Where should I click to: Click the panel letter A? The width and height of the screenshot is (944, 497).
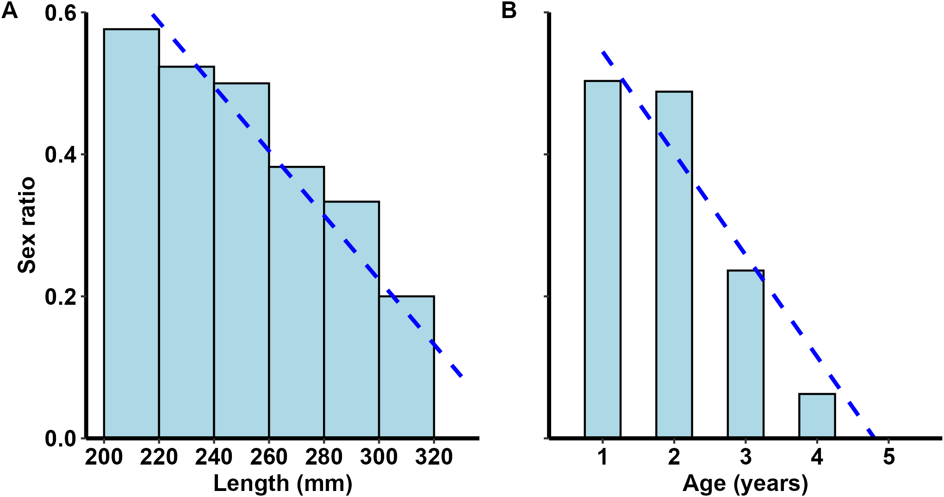(10, 10)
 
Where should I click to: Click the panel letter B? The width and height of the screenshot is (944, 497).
(509, 10)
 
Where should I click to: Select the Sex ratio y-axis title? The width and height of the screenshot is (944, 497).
(26, 225)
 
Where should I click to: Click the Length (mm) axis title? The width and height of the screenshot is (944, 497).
(283, 483)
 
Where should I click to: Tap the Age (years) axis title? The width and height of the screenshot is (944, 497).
(745, 483)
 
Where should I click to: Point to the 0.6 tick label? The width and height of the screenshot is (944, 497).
(61, 13)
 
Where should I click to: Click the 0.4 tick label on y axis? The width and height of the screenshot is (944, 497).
(61, 155)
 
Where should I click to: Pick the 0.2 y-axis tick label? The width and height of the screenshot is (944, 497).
(61, 296)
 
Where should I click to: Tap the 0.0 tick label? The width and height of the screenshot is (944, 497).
(61, 438)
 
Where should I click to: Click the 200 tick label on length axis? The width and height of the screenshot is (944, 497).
(104, 457)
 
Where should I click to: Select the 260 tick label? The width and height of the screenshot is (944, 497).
(269, 457)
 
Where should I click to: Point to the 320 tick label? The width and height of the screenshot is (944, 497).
(434, 457)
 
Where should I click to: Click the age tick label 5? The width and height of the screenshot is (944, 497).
(888, 457)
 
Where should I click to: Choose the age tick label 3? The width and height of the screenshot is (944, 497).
(745, 457)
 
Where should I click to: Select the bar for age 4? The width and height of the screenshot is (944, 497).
(817, 415)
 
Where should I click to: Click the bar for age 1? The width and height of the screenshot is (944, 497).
(602, 259)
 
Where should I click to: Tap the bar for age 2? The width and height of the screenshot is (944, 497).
(674, 264)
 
